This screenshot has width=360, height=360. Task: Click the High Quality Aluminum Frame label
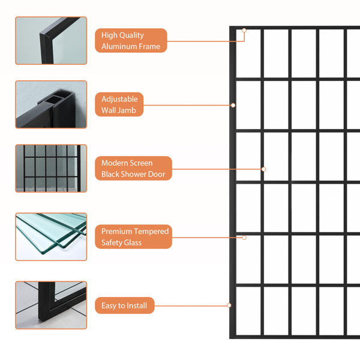131,40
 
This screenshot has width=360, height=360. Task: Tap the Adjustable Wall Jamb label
119,104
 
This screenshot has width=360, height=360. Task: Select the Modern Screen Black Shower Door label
133,168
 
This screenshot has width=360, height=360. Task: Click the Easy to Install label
125,305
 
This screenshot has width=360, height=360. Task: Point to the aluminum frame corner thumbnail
51,40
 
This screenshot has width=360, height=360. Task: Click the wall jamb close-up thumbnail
51,104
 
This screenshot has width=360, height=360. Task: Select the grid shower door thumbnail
51,168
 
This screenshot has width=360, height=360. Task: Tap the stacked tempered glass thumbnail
51,236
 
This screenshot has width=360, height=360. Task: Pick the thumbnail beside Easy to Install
51,305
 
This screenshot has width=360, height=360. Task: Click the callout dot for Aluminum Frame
244,30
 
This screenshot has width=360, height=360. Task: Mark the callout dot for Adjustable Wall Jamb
233,105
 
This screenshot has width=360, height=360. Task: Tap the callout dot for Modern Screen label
263,169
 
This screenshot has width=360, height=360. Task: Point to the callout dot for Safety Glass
244,238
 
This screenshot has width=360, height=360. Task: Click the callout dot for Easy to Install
229,305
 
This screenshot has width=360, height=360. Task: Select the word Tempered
151,231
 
